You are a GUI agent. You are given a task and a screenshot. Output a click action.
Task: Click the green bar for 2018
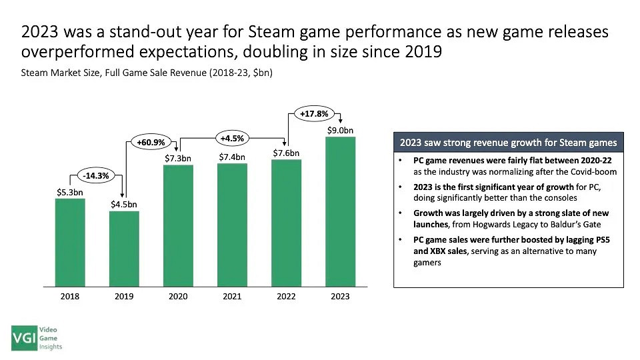[x=70, y=242]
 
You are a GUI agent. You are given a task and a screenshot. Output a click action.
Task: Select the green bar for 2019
[x=124, y=249]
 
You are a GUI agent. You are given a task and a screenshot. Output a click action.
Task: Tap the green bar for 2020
[x=178, y=225]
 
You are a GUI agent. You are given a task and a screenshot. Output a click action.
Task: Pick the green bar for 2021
[x=232, y=225]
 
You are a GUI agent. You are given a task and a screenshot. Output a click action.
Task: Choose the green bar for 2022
[x=286, y=223]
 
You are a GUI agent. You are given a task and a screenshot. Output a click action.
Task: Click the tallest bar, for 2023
[x=340, y=211]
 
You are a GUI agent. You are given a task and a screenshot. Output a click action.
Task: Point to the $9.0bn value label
[x=340, y=130]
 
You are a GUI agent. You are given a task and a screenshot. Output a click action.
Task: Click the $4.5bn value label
[x=124, y=204]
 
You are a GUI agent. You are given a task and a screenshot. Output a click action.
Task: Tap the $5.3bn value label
[x=70, y=192]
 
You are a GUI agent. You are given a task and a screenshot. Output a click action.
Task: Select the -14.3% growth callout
[x=97, y=175]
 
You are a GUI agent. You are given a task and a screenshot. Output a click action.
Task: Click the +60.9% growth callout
[x=151, y=142]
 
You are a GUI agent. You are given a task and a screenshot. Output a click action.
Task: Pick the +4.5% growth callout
[x=232, y=139]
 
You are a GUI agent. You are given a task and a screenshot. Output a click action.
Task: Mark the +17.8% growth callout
[x=313, y=113]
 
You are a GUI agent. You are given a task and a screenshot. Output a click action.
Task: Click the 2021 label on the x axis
[x=232, y=297]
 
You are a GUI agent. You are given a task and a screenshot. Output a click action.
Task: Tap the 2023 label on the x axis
[x=340, y=297]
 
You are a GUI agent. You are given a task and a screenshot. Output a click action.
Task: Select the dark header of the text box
[x=508, y=143]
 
